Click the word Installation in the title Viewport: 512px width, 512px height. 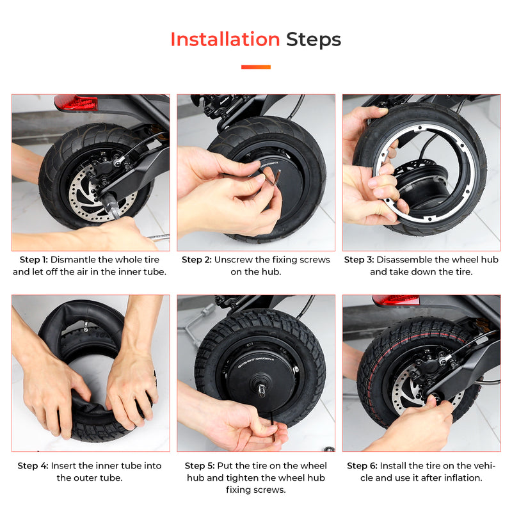click(x=225, y=40)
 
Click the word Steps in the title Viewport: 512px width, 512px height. click(x=314, y=40)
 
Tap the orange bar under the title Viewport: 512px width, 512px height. click(x=255, y=67)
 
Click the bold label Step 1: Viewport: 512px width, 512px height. click(x=33, y=260)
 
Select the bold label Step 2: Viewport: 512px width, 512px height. click(x=196, y=260)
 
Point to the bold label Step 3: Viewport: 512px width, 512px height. click(x=359, y=260)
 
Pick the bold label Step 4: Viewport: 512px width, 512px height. click(x=33, y=466)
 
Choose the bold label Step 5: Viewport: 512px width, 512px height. click(x=200, y=466)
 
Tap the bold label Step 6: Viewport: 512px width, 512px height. click(x=362, y=466)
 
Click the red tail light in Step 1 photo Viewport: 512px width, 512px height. click(x=76, y=102)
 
